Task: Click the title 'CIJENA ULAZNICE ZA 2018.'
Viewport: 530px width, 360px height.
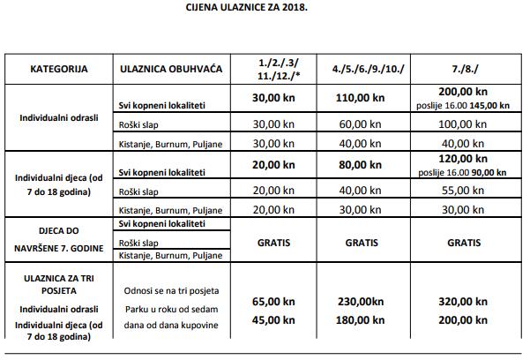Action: [265, 8]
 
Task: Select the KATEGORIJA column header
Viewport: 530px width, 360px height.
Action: [59, 68]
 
